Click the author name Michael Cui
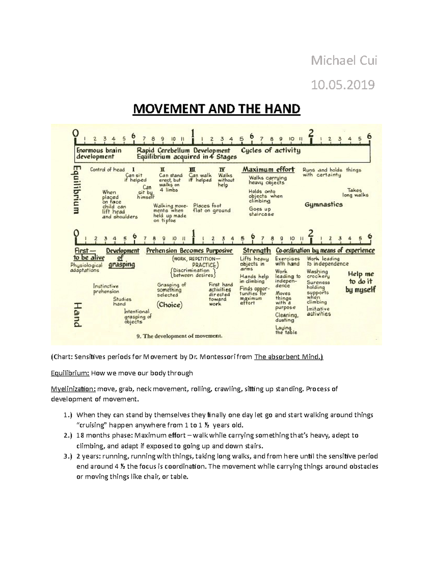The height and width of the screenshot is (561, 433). (x=344, y=61)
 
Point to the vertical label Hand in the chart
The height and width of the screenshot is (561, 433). (x=77, y=314)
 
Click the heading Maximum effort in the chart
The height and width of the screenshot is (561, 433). (x=268, y=169)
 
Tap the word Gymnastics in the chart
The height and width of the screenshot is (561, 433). (x=324, y=204)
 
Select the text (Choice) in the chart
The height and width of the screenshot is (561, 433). (x=170, y=305)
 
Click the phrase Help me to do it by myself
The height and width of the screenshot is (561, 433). (x=360, y=282)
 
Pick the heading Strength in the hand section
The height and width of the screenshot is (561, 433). (x=257, y=250)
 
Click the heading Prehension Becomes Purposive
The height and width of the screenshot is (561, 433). (x=189, y=250)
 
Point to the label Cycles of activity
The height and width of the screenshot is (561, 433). (x=271, y=150)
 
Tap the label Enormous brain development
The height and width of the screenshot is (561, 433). (x=99, y=154)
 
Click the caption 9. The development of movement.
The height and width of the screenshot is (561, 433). (x=179, y=336)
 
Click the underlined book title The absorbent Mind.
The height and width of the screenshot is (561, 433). (x=289, y=357)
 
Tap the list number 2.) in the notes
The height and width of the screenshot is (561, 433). (x=67, y=436)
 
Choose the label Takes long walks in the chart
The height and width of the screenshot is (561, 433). (x=355, y=193)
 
